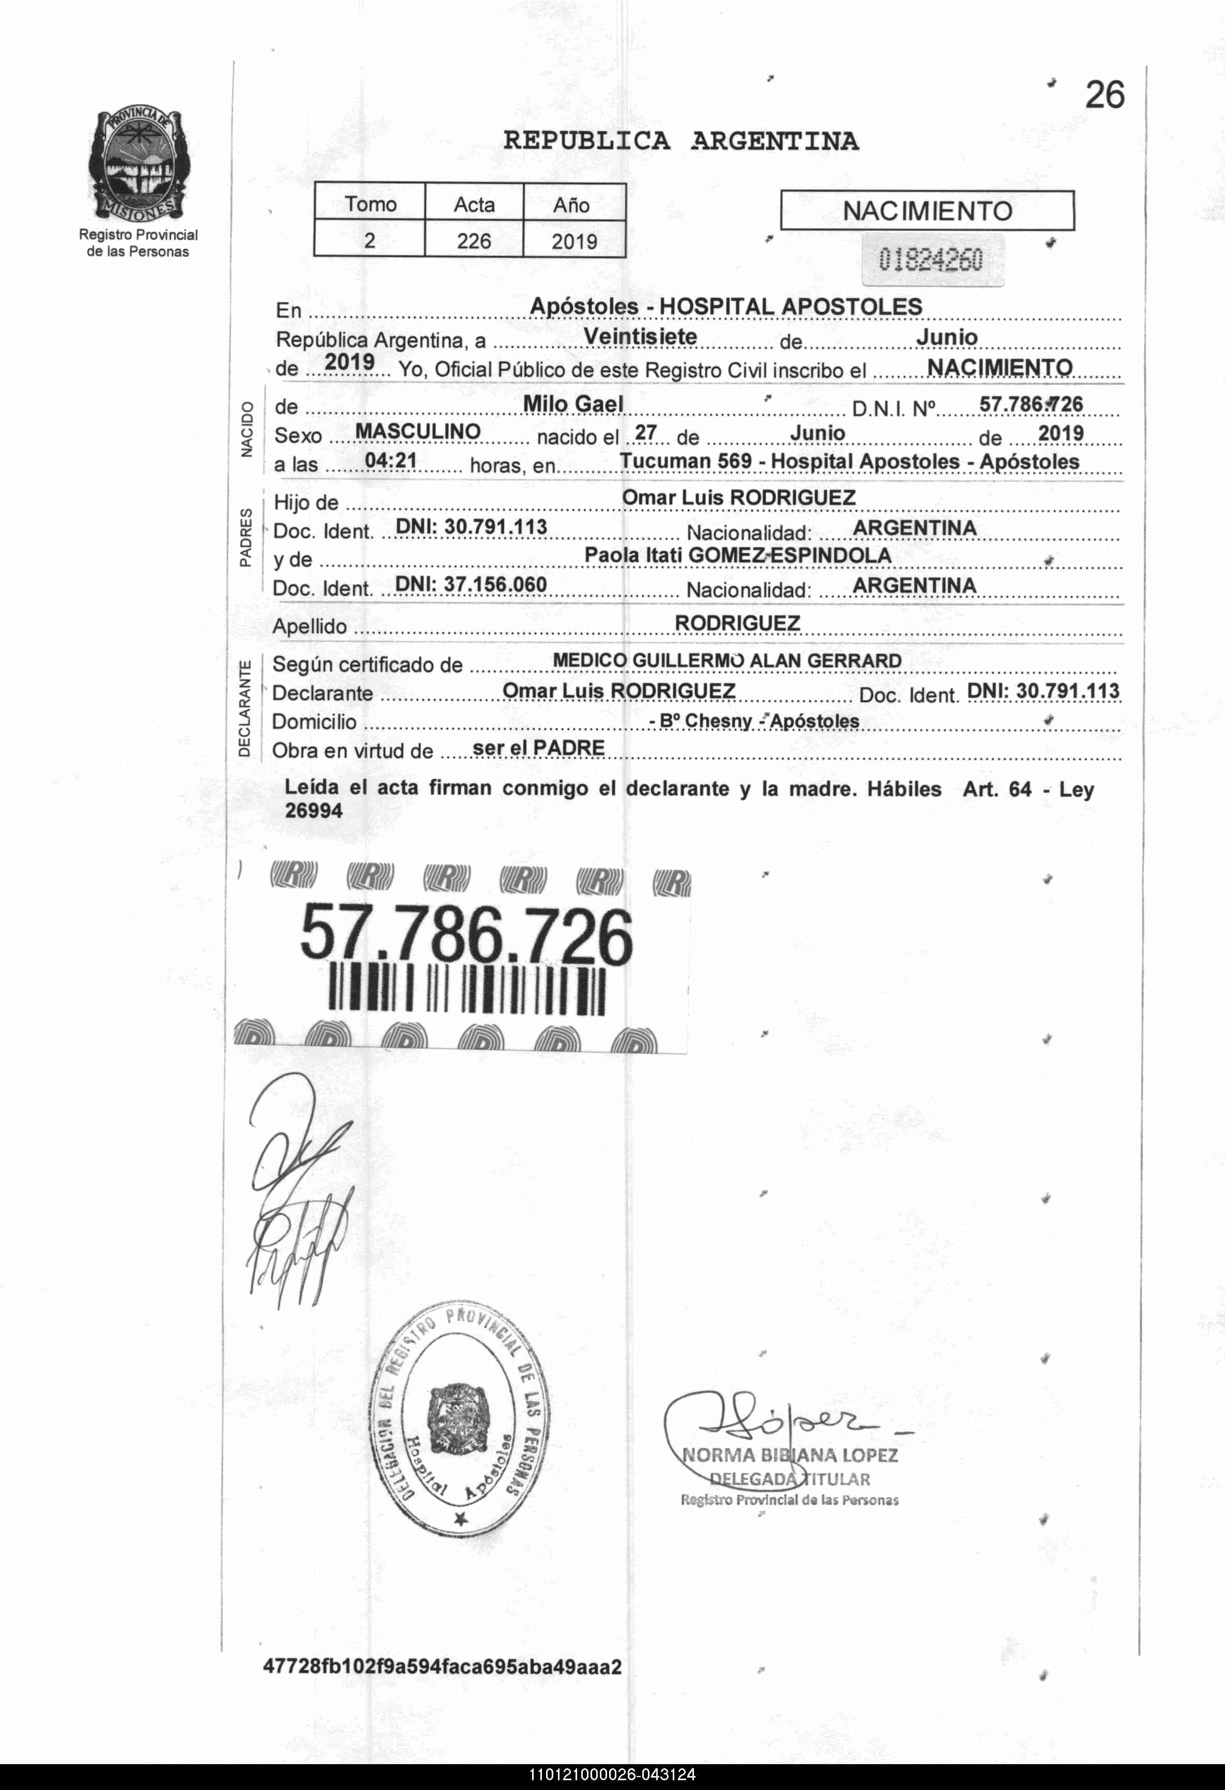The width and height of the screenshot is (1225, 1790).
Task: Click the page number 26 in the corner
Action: [x=1104, y=96]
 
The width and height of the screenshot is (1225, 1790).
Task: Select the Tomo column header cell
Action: [x=370, y=204]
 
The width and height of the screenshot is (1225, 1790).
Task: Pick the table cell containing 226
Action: [x=474, y=241]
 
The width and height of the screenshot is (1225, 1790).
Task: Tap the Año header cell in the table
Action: [x=573, y=205]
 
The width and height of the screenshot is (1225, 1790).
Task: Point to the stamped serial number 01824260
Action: [x=931, y=261]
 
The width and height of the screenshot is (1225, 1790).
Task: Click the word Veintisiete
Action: [x=640, y=336]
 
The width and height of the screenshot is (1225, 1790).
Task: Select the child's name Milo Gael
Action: [x=573, y=404]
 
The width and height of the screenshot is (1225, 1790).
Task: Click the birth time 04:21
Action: [x=390, y=461]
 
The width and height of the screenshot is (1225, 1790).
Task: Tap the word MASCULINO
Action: [x=418, y=432]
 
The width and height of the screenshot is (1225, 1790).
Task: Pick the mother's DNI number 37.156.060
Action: [x=471, y=585]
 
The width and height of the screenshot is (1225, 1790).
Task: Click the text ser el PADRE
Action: [x=538, y=747]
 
